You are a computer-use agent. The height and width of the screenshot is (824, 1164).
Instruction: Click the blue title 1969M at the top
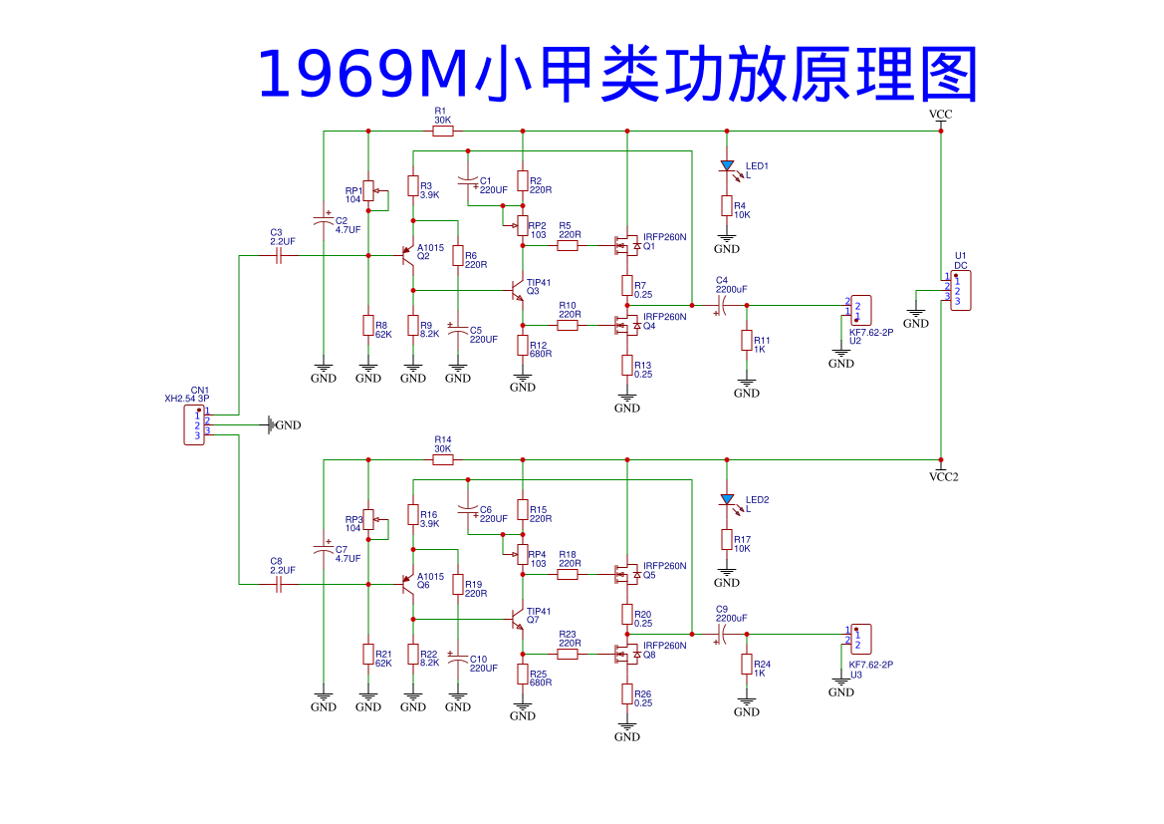362,76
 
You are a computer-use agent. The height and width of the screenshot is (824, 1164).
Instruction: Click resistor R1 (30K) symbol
442,131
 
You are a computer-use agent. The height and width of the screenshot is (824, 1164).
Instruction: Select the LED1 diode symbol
727,165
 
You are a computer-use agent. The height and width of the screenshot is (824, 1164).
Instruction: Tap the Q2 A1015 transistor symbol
407,255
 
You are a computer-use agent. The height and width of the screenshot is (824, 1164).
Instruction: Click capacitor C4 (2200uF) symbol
723,305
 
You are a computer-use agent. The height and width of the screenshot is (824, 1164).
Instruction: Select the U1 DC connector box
960,291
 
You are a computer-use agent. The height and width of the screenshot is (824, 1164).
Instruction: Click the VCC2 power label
942,476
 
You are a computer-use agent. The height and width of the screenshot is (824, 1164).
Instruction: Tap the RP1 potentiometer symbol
368,190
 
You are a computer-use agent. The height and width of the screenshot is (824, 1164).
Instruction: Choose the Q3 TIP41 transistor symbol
517,290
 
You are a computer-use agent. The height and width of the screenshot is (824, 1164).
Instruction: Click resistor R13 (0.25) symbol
627,367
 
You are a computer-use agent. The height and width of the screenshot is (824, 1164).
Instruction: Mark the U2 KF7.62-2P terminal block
860,309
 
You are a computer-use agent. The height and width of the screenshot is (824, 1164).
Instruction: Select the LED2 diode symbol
727,499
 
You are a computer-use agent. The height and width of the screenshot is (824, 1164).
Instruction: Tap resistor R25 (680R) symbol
523,675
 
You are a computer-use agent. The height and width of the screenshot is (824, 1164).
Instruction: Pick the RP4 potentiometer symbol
522,554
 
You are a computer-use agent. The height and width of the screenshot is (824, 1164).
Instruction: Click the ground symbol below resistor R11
747,385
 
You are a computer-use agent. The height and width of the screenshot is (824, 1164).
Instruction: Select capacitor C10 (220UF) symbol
458,662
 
